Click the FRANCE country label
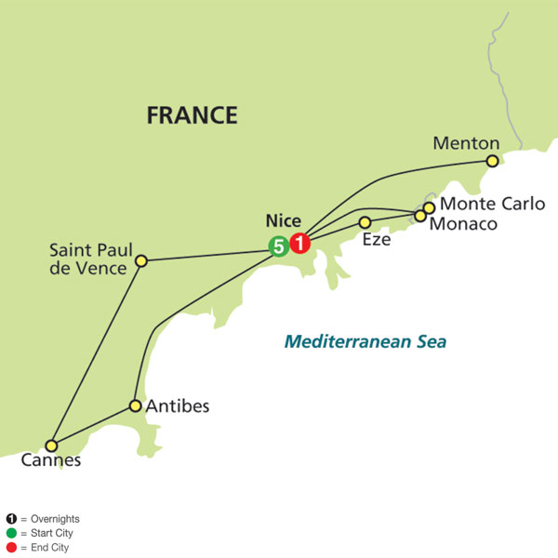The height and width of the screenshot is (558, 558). (192, 115)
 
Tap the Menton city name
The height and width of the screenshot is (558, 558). (466, 143)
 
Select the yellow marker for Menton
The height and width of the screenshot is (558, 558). (493, 160)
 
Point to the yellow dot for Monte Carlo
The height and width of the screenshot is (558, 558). (429, 207)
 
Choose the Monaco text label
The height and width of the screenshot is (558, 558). (464, 224)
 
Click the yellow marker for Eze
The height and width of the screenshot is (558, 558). (365, 222)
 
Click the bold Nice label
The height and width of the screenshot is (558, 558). (282, 221)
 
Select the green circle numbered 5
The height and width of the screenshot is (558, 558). (277, 246)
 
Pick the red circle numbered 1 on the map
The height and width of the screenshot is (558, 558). (299, 245)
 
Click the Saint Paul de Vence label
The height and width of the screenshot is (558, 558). (90, 259)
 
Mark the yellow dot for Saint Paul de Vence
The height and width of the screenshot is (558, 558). (141, 261)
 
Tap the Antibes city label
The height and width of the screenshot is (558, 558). (178, 406)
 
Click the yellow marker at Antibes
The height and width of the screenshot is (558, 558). (136, 406)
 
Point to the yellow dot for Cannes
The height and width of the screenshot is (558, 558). (52, 445)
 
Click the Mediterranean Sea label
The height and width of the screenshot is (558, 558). (365, 341)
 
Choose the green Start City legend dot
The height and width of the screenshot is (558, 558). (11, 533)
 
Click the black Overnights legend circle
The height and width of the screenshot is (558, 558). (11, 519)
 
